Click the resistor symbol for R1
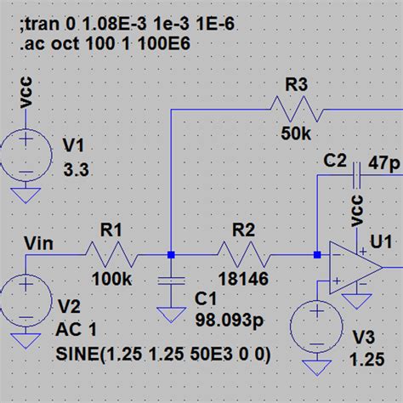pyautogui.click(x=111, y=253)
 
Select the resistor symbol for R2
pyautogui.click(x=243, y=253)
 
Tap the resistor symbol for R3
pyautogui.click(x=293, y=109)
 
